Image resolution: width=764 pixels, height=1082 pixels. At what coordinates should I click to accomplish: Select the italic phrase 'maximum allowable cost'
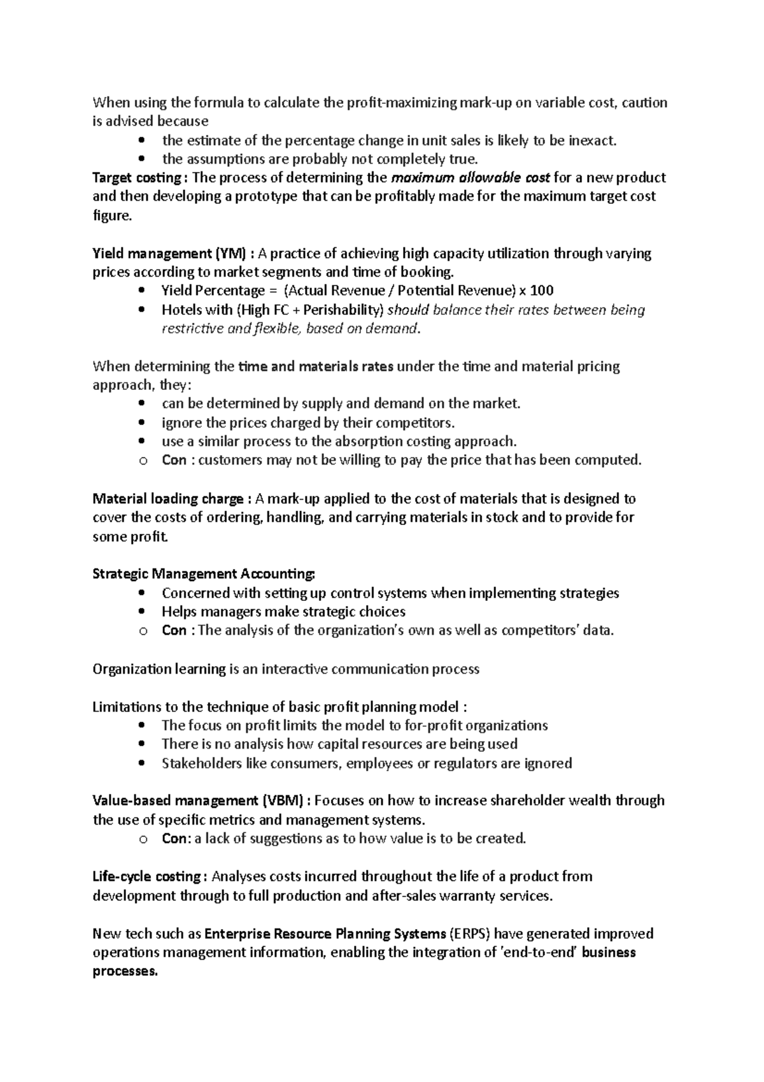470,178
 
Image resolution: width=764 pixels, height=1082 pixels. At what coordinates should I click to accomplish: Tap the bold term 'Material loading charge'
167,499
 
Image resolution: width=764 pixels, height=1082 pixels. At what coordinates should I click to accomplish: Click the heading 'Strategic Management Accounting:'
204,574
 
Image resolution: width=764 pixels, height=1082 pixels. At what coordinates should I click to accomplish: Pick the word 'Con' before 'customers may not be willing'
174,461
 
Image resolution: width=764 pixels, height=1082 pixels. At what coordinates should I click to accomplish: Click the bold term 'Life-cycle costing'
147,877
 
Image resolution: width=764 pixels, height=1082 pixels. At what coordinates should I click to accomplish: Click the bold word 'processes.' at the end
125,972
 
